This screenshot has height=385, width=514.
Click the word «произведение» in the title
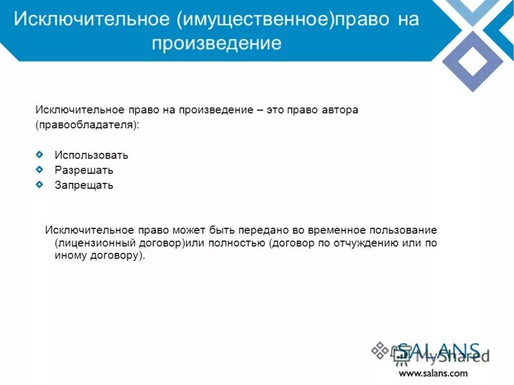217,44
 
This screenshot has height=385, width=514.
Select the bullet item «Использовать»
91,155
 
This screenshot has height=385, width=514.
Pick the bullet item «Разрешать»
84,170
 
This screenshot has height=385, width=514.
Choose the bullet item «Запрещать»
84,185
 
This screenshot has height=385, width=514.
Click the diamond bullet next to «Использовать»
40,154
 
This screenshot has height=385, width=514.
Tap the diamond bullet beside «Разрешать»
40,169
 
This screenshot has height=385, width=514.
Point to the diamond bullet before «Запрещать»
40,185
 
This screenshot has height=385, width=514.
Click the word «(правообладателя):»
87,125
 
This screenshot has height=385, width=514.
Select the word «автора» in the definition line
337,110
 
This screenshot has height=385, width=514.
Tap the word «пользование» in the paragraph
407,230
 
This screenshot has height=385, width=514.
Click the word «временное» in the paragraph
342,230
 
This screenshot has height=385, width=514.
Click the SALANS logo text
438,352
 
